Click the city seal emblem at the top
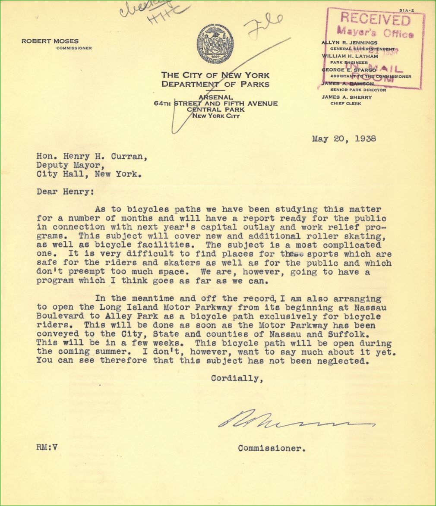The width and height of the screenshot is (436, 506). point(215,44)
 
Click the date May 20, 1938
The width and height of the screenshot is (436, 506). point(344,139)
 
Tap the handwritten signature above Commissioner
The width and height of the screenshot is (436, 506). point(294,419)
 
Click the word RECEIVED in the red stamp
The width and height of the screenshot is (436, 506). point(375,19)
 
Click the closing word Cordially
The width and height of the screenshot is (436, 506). point(237,378)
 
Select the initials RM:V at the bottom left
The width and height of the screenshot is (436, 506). point(47,447)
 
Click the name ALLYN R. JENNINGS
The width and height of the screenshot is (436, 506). point(349,43)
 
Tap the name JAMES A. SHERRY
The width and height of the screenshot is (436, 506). point(346,97)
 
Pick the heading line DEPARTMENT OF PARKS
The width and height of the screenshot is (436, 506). point(215,84)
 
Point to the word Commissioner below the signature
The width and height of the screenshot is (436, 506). point(272,448)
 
